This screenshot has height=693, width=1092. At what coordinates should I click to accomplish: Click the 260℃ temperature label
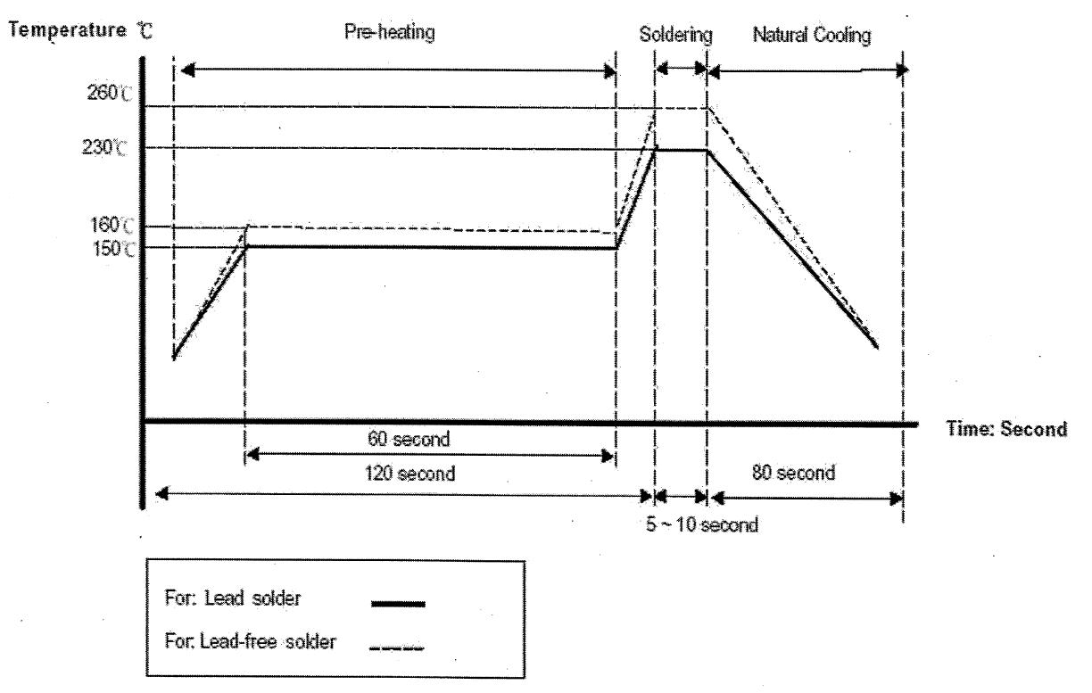coord(110,93)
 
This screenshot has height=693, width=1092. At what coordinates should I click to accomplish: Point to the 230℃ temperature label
coord(104,146)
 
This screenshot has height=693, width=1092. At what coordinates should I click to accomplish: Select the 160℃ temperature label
coord(112,225)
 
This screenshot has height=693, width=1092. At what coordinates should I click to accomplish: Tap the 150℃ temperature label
coord(113,249)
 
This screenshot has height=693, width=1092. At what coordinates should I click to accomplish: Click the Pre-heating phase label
coord(390,32)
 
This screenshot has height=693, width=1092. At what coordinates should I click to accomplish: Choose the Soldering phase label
coord(675,35)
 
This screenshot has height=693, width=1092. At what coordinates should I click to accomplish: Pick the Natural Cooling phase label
coord(812,35)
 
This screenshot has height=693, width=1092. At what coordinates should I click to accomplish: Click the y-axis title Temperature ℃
coord(81,30)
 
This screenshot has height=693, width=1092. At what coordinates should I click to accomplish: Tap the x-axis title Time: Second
coord(1006,429)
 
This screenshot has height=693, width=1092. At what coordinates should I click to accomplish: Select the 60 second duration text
coord(409,439)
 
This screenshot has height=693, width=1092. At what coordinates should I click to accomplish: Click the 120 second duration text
coord(410,474)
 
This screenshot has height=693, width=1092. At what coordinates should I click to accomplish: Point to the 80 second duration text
coord(794,473)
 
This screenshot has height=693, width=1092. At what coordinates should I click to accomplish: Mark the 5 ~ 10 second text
coord(702,524)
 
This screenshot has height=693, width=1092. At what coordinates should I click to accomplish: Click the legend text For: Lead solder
coord(233,598)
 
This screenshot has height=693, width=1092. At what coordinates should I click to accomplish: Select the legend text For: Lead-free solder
coord(251,641)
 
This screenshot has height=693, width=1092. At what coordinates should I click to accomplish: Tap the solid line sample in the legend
coord(398,605)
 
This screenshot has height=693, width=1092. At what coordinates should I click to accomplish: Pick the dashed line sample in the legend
coord(397,648)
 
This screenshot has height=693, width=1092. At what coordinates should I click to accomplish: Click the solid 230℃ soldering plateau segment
coord(681,151)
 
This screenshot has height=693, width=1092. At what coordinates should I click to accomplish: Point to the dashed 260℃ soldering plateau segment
coord(681,108)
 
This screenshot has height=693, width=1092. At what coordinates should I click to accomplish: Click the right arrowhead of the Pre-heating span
coord(609,71)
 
